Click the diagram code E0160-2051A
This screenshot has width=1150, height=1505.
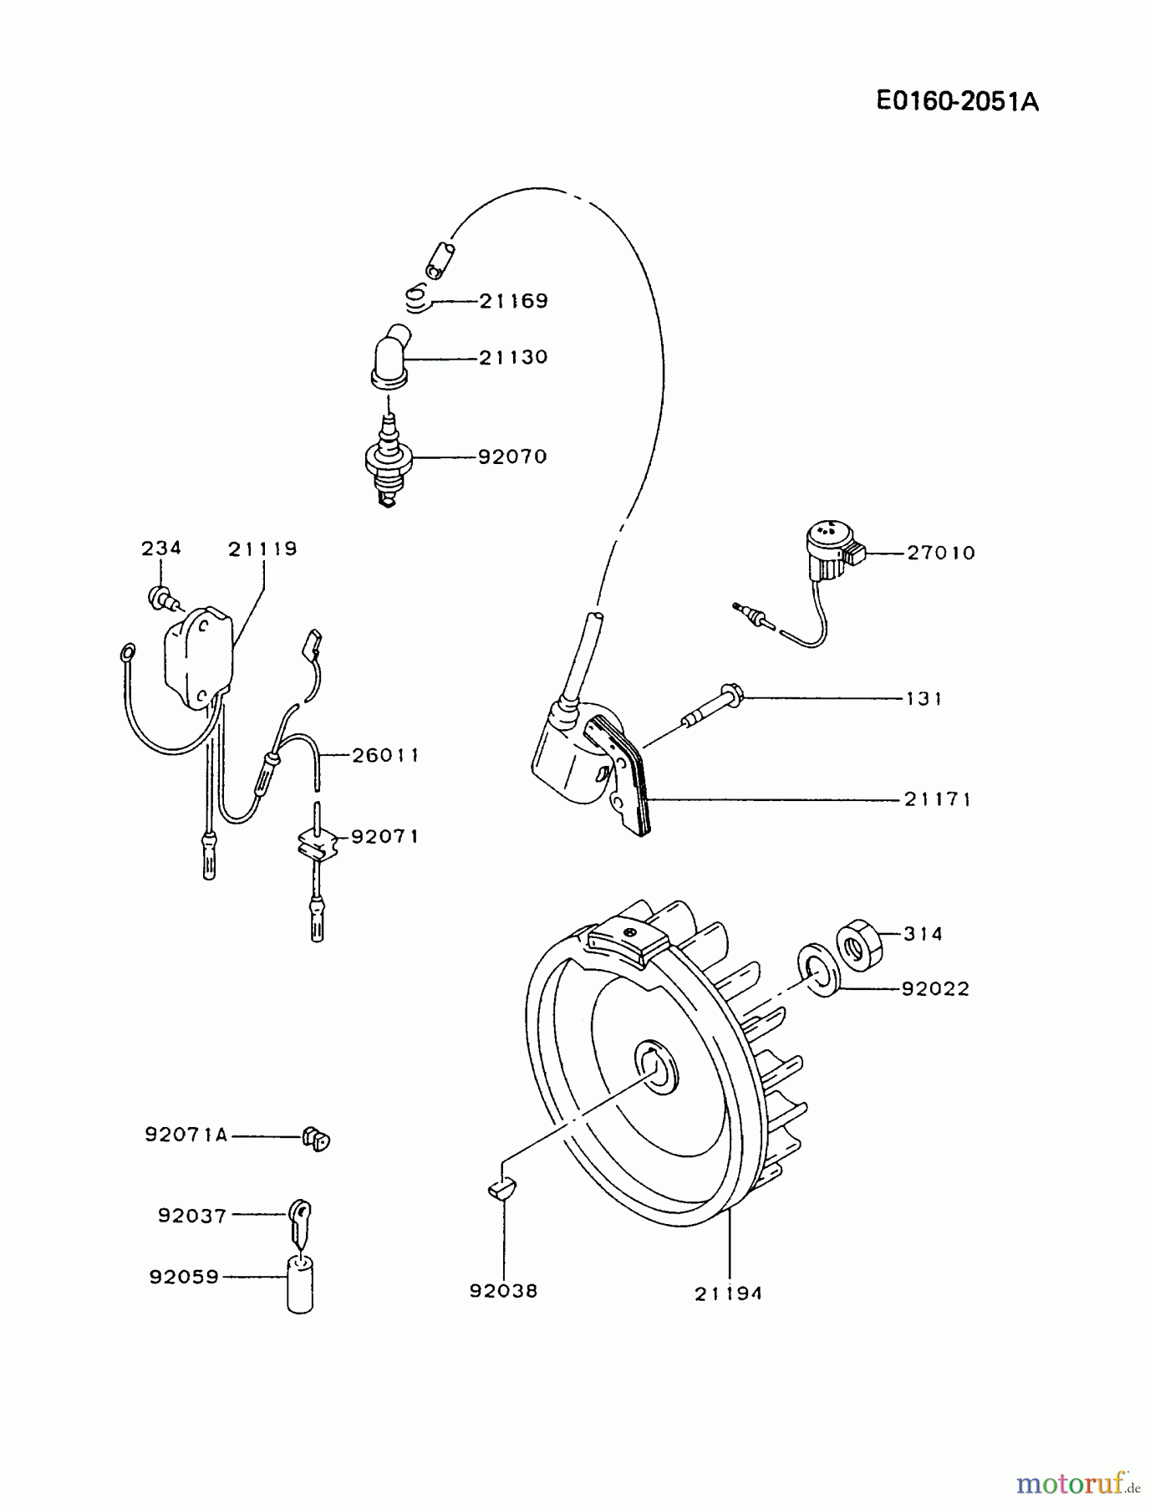coord(957,102)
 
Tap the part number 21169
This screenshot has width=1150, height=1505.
coord(513,301)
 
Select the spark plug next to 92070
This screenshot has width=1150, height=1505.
coord(388,462)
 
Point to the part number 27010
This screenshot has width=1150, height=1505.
coord(941,554)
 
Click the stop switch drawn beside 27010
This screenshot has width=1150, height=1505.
coord(833,548)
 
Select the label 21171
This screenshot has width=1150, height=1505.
coord(938,800)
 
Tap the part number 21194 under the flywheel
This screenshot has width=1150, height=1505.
coord(728,1294)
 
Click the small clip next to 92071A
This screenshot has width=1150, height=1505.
coord(316,1139)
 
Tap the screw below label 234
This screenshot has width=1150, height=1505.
coord(160,598)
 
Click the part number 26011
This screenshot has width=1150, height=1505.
coord(384,756)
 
